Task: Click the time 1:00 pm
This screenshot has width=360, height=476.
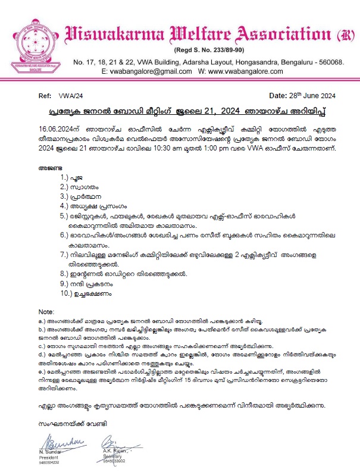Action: click(234, 148)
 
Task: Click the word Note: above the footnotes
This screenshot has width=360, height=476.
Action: click(46, 312)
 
